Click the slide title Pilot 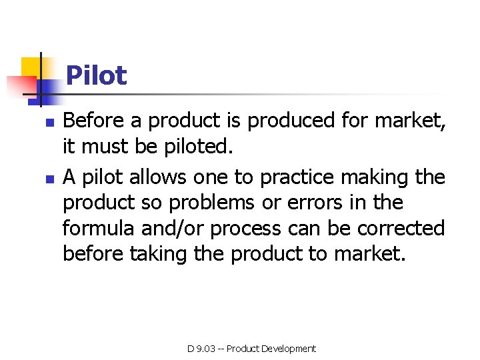[96, 75]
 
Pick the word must [107, 146]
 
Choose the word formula [99, 228]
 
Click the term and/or [174, 228]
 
